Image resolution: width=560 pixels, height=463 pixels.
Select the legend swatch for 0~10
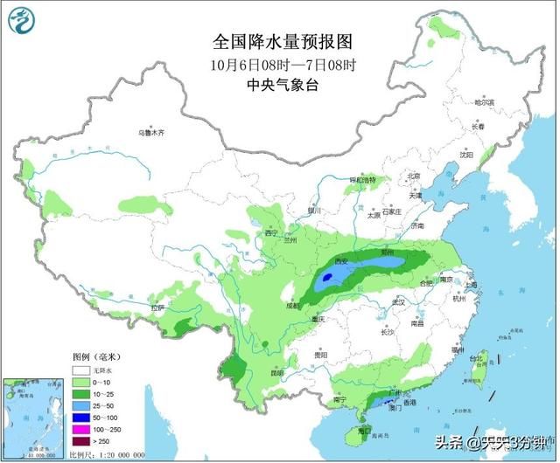(x=80, y=383)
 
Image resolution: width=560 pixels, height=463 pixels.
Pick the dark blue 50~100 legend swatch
(x=80, y=418)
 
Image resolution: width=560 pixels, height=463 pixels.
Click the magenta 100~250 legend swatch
(x=80, y=431)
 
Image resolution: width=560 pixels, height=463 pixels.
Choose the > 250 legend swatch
(x=80, y=443)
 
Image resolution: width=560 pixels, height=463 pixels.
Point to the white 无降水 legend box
(x=80, y=370)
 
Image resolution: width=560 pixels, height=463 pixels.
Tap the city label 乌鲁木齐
(x=150, y=133)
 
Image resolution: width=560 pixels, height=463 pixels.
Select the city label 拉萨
(x=157, y=308)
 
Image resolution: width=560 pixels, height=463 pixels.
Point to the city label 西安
(x=340, y=261)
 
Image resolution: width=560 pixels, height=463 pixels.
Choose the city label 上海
(x=471, y=285)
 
